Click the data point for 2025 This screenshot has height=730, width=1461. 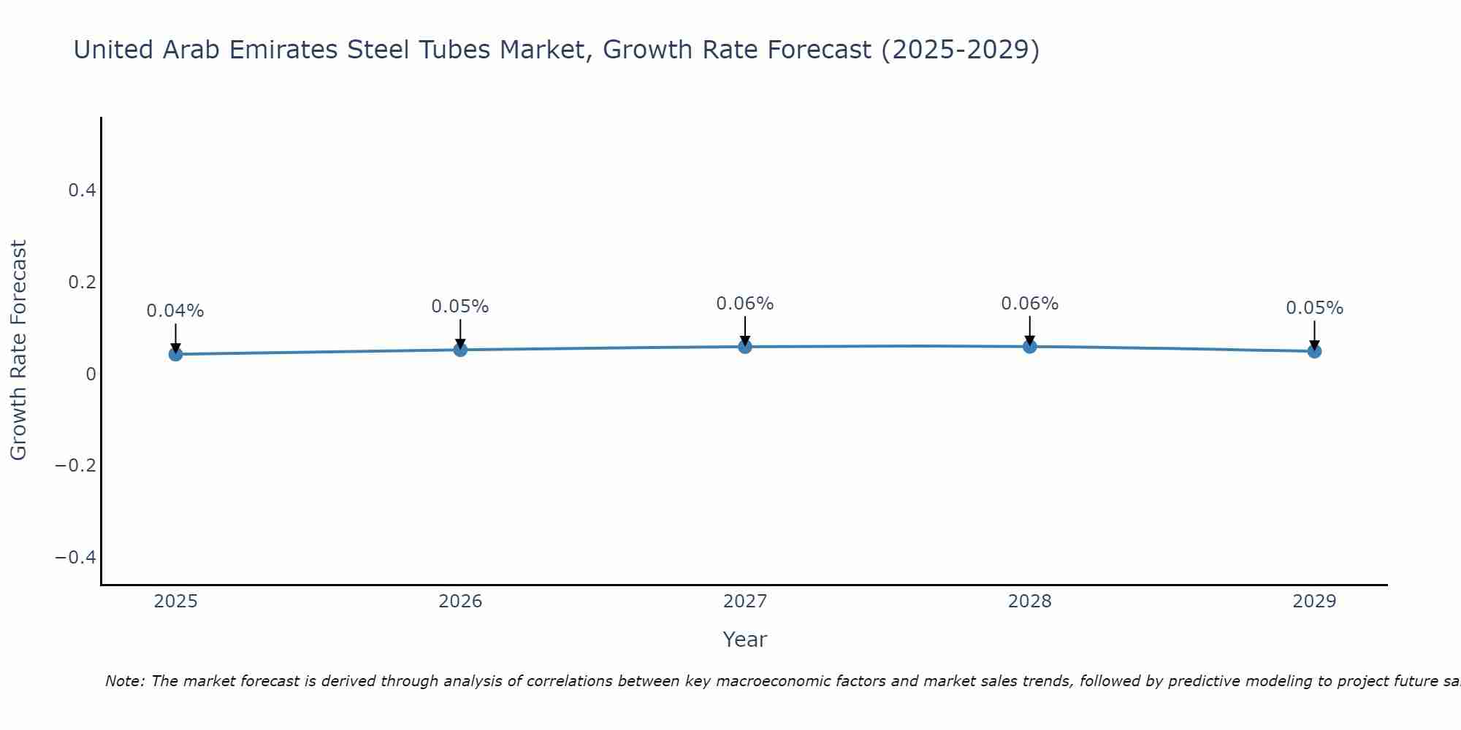[x=175, y=354]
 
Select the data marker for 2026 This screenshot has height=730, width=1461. [x=460, y=350]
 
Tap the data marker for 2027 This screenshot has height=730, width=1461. [x=745, y=347]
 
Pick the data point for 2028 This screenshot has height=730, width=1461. [x=1029, y=347]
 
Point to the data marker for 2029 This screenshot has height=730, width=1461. [x=1314, y=351]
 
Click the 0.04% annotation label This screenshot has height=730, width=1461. [x=175, y=311]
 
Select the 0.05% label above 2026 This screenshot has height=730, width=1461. [x=460, y=307]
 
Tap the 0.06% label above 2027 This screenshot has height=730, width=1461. [x=745, y=304]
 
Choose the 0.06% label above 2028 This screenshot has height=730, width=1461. [x=1029, y=304]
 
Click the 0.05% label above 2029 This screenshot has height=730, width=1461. [x=1314, y=308]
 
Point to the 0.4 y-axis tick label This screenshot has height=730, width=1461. [x=82, y=191]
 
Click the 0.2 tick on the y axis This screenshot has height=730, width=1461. [x=82, y=282]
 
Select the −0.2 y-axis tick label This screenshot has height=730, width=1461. [x=76, y=466]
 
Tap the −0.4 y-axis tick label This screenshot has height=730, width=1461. [x=76, y=558]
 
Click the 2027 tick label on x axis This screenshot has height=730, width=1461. [x=745, y=602]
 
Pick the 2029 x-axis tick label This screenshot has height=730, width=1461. [x=1314, y=602]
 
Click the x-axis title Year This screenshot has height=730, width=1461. [x=745, y=639]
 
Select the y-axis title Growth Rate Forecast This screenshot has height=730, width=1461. [x=19, y=350]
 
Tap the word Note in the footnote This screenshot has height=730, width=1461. [x=124, y=681]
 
